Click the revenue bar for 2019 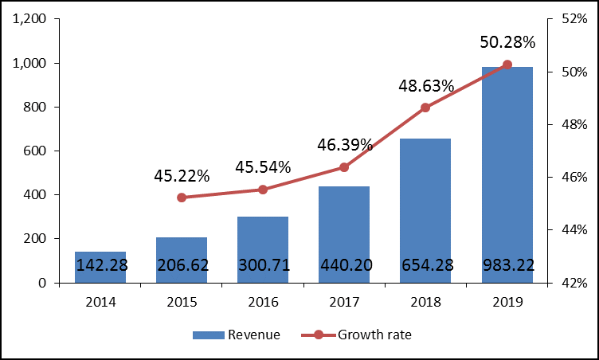[507, 174]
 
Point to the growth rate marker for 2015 [182, 198]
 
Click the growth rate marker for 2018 [425, 108]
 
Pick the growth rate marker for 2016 [263, 190]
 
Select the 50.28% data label [507, 41]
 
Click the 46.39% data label [344, 145]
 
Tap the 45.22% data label [182, 175]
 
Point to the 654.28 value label [425, 264]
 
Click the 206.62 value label [182, 264]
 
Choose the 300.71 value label [263, 264]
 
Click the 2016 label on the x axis [263, 303]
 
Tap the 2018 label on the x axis [425, 303]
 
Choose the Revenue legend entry [237, 335]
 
